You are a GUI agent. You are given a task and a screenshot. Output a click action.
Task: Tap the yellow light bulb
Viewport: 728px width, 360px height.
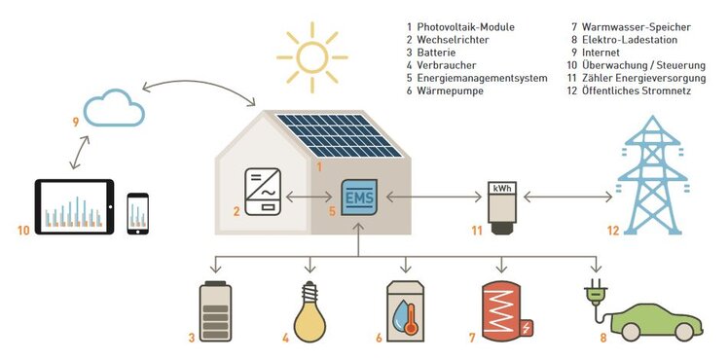[x=309, y=311]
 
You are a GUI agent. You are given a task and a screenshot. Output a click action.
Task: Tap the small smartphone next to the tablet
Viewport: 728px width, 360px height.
[x=138, y=214]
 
